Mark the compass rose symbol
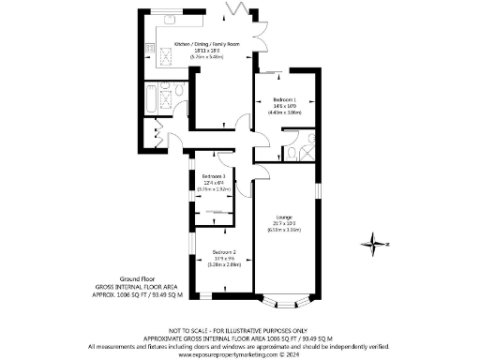[x=374, y=247]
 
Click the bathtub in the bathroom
[x=153, y=98]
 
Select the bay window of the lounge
[x=283, y=301]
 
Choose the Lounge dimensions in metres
[x=284, y=228]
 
